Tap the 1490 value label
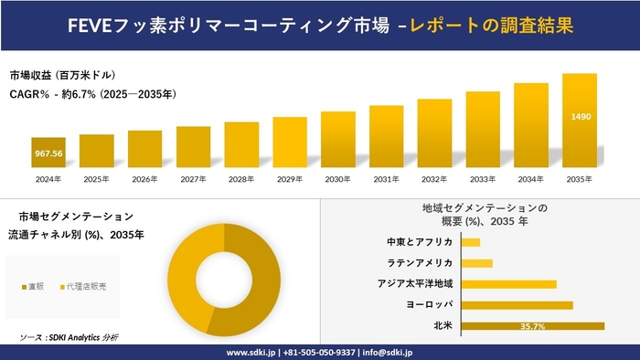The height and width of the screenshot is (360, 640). pos(580,117)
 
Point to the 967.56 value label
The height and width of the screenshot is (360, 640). pos(48,154)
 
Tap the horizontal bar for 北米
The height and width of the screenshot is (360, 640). pos(533,325)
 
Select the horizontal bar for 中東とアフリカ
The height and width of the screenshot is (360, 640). pos(471,242)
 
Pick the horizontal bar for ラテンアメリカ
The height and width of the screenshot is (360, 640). pos(477,263)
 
